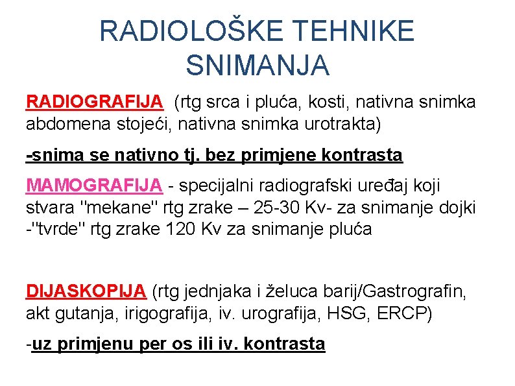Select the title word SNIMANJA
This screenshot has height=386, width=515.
tap(257, 64)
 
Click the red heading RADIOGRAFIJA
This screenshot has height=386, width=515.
tap(94, 102)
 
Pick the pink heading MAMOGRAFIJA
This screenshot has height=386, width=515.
tap(94, 186)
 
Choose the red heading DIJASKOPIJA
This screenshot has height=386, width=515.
tap(87, 290)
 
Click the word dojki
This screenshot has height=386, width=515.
tap(458, 208)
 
